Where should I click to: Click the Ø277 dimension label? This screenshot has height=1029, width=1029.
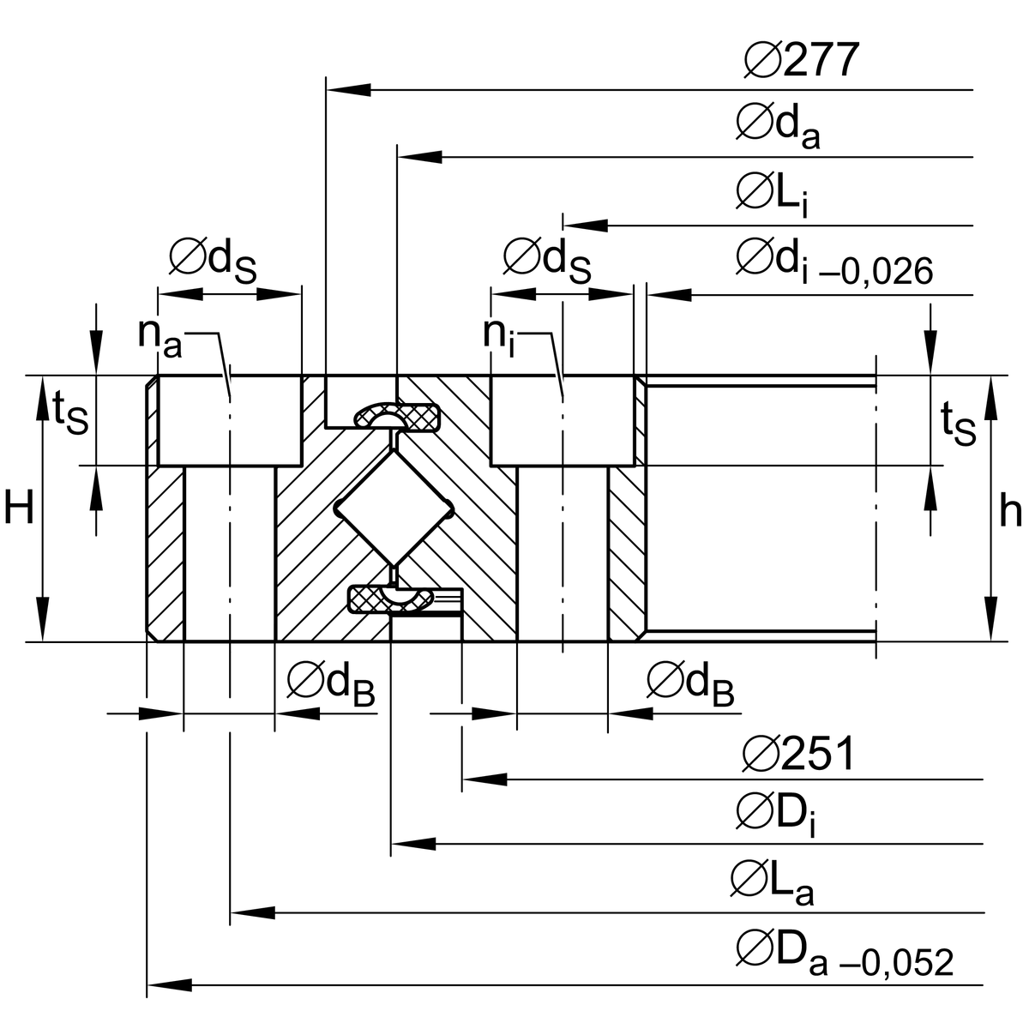[x=801, y=61]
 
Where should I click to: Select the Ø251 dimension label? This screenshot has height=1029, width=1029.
[x=798, y=754]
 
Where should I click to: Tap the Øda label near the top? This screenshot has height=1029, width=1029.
[x=777, y=126]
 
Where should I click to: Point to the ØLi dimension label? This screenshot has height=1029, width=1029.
[x=771, y=194]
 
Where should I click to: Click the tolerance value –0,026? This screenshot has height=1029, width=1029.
[x=876, y=272]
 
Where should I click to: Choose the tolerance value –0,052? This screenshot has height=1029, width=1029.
[x=897, y=963]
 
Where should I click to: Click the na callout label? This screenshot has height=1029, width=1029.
[x=159, y=336]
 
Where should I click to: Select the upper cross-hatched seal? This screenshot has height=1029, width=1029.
[x=397, y=417]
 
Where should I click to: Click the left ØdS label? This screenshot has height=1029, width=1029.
[x=213, y=259]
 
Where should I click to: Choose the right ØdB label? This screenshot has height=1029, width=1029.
[x=690, y=683]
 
